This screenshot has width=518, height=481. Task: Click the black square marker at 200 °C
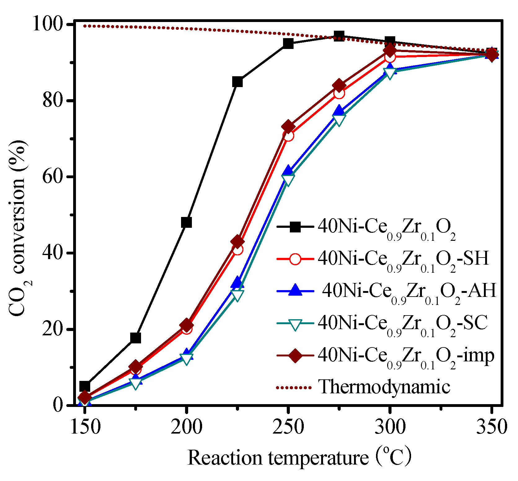186,222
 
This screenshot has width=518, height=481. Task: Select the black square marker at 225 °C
237,82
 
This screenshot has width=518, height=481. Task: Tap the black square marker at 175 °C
135,338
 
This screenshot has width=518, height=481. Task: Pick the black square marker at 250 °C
288,43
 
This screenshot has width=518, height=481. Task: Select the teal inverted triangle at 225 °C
237,295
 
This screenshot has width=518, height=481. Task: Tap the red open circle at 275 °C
339,93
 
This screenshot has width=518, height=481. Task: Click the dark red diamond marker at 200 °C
186,325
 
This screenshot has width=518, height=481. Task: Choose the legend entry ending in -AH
409,291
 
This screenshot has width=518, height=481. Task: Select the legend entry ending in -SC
403,324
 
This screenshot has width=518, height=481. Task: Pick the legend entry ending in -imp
406,356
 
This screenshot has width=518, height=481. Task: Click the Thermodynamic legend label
384,387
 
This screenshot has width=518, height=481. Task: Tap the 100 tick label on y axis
48,24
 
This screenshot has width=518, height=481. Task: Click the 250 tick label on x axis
288,427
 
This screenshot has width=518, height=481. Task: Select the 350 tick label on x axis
492,427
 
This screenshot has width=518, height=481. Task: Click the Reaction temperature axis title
299,458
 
